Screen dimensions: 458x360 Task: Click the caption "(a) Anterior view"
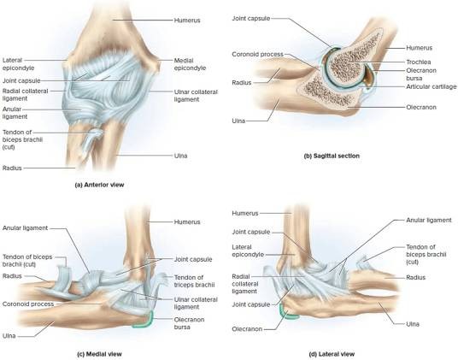click(100, 185)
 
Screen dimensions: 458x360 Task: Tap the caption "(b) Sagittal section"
click(332, 156)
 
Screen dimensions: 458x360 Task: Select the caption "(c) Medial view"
click(99, 354)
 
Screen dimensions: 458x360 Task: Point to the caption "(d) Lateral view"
click(332, 354)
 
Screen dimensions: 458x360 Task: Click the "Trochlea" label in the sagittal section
click(419, 62)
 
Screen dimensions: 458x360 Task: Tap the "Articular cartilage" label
click(432, 86)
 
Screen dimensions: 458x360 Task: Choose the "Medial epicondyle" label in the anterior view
click(190, 64)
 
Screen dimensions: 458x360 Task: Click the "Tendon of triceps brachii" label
click(194, 280)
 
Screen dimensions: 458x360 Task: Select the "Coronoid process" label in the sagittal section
click(258, 55)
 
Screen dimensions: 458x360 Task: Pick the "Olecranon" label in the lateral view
click(247, 329)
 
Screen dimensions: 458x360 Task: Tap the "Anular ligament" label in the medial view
click(25, 228)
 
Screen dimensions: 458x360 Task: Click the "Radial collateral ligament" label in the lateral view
click(245, 284)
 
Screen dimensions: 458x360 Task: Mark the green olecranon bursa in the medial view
click(144, 322)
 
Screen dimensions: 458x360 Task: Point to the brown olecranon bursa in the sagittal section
click(368, 78)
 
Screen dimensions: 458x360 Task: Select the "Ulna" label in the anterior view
click(181, 156)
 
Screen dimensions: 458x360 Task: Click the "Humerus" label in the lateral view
click(245, 213)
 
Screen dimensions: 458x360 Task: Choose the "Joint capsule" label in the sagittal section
click(251, 19)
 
